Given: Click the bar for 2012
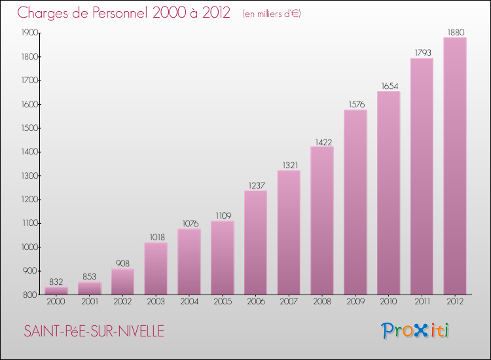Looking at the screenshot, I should point(455,167).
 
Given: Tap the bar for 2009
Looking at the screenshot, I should point(355,203).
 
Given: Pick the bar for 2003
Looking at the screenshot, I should point(156,268).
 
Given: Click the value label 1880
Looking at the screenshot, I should point(455,31).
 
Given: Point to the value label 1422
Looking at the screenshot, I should point(322,141).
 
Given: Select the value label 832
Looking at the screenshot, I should point(56,281).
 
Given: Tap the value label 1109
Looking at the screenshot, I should point(223,215).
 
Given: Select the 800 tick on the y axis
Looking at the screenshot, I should point(29,295).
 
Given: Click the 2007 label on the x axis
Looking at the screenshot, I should point(289,302).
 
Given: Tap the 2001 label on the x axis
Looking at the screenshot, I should point(89,302).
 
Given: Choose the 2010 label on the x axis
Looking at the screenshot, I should point(389,302).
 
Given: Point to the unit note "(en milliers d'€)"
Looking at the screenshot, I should point(271,14).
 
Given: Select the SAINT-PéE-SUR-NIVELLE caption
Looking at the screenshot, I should point(94,331).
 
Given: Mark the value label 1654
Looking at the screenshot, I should point(389,86).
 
